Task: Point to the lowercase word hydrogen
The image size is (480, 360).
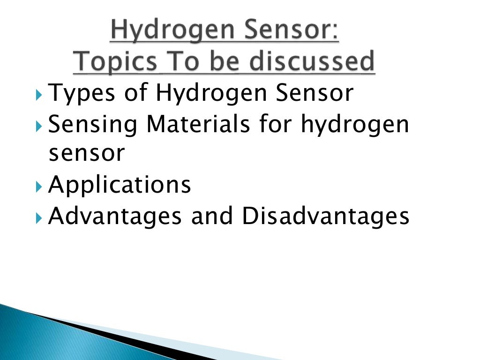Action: click(x=355, y=125)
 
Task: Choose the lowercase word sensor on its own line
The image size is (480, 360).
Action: click(x=87, y=154)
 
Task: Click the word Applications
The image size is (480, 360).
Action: click(x=120, y=185)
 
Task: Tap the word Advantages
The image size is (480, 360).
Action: click(x=117, y=217)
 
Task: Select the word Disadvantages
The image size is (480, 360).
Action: click(x=325, y=217)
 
